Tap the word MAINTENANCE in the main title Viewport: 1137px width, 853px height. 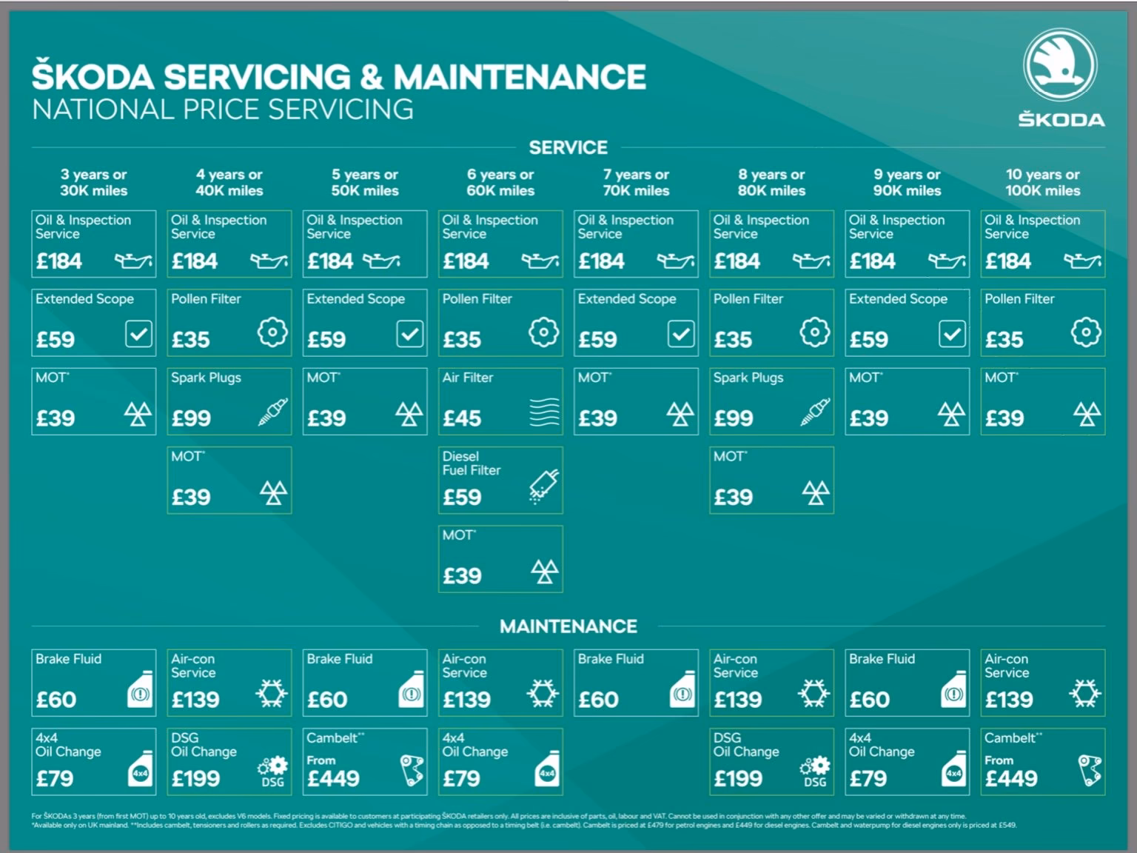(519, 77)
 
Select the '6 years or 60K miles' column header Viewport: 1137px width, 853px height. (500, 182)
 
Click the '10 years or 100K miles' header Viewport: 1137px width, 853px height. (1042, 182)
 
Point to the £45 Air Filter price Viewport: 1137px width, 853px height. (462, 418)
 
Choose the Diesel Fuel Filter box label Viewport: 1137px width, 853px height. (472, 464)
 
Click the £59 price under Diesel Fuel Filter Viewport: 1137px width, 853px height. (462, 497)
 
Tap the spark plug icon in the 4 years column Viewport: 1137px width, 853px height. (272, 412)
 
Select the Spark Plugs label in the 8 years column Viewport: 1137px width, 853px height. (748, 378)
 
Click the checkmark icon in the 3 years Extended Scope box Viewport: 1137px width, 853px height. (138, 334)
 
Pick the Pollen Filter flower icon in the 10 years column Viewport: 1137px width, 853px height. (1085, 332)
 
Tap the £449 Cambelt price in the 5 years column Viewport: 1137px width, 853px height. (333, 778)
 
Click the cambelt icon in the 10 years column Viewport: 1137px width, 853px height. (1090, 770)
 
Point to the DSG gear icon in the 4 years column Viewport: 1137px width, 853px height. (272, 770)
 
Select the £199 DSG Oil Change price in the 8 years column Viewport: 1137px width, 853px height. (738, 778)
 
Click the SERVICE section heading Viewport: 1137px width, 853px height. (568, 148)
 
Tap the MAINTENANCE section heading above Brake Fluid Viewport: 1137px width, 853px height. (568, 626)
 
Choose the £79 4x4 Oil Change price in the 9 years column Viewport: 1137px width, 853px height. (868, 778)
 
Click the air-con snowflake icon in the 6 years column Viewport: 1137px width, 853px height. (543, 694)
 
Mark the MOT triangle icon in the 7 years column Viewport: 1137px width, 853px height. (680, 413)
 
